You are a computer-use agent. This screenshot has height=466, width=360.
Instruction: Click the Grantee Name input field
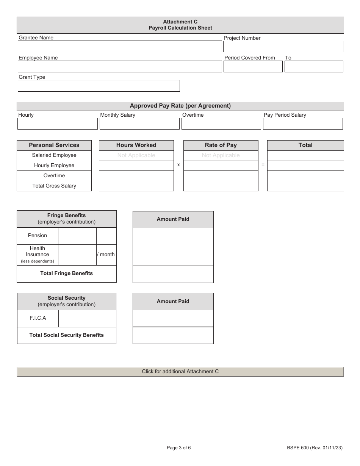coord(120,46)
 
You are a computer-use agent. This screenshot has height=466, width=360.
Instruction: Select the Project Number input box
coord(283,47)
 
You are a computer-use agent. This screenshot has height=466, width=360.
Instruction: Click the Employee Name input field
coord(120,66)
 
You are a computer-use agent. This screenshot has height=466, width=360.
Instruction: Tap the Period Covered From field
coord(253,66)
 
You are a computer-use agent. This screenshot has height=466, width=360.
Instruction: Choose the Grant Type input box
coord(99,86)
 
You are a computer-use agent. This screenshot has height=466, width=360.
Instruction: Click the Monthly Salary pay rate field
coord(139,124)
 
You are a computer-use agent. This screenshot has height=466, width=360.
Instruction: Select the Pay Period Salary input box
coord(303,124)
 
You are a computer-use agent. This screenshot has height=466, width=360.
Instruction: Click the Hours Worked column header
coord(136,145)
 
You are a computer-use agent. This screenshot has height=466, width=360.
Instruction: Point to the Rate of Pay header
coord(221,145)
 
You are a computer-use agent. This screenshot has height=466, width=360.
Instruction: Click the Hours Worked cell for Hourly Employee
coord(136,166)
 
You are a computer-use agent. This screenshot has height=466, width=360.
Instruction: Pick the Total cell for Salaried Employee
coord(305,155)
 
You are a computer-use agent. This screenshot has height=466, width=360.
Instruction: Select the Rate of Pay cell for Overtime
coord(221,176)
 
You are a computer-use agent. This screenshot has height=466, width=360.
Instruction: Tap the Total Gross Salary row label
coord(54,186)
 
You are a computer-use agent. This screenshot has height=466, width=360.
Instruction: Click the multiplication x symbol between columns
coord(178,165)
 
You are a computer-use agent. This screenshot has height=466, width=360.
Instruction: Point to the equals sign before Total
coord(263,165)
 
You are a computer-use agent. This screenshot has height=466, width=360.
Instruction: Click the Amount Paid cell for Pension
coord(173,236)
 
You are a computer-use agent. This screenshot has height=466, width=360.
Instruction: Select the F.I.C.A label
coord(38,318)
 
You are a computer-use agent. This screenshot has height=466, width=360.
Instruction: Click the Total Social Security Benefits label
coord(67,335)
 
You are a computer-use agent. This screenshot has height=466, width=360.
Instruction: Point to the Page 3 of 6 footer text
coord(179,448)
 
